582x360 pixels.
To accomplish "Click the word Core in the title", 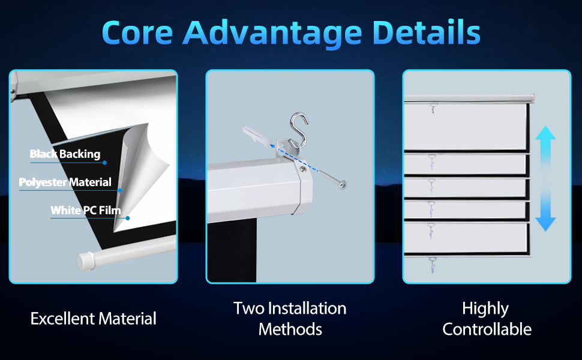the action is (x=137, y=32).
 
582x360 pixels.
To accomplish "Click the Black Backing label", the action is (x=65, y=154).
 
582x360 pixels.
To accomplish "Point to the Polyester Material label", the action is (x=65, y=182).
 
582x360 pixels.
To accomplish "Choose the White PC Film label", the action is (x=86, y=211).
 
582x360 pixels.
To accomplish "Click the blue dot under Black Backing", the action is (x=104, y=163).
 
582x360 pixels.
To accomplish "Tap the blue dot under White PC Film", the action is (x=128, y=218).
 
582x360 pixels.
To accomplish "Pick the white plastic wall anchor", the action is (x=257, y=136).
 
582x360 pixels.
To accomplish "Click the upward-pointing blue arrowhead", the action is (x=545, y=133).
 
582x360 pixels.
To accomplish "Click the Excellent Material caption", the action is (x=94, y=319).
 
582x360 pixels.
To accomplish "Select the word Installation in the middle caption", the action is (x=307, y=308).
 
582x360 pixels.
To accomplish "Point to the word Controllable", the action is (x=487, y=329).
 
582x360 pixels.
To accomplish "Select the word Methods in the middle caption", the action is (x=290, y=329).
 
